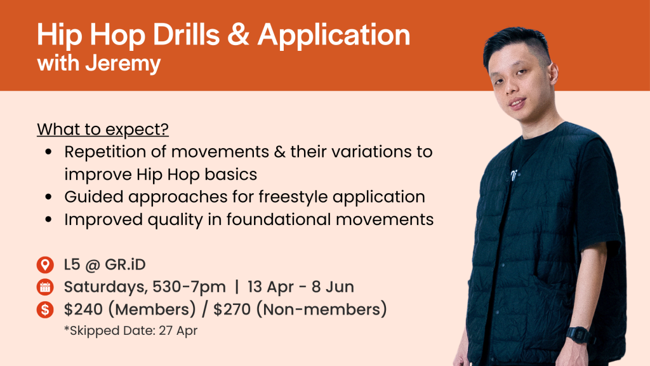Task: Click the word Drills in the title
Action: [x=187, y=34]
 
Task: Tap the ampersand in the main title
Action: [x=239, y=34]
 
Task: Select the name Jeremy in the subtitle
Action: [x=123, y=64]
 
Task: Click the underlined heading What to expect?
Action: [x=103, y=129]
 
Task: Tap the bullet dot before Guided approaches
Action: [x=49, y=197]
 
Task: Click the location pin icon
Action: [x=45, y=265]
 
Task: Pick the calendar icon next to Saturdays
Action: [x=45, y=287]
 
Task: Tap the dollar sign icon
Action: [x=45, y=309]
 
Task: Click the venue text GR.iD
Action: [x=125, y=265]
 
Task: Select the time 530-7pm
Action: [x=189, y=287]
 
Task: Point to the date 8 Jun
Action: [x=333, y=287]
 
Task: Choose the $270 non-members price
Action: [x=300, y=309]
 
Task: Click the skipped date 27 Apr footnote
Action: [x=131, y=330]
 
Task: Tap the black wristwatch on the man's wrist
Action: [x=578, y=335]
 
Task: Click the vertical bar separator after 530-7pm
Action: [x=237, y=287]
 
